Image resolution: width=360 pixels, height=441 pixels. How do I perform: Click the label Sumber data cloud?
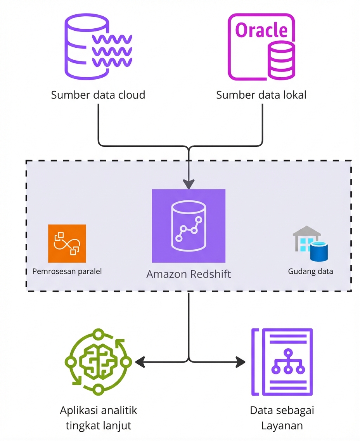[x=98, y=95]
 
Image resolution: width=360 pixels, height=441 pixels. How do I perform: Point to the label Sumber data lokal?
[x=261, y=95]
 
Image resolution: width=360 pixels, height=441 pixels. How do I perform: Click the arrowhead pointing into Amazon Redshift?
[x=189, y=184]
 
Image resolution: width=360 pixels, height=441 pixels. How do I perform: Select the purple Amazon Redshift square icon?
[x=189, y=226]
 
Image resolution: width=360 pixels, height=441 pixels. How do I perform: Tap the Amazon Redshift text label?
[x=189, y=274]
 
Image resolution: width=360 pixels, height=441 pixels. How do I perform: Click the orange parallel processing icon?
[x=67, y=243]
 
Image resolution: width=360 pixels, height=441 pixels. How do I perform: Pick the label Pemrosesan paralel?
[x=67, y=271]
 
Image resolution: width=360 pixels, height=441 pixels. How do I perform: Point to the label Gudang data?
[x=310, y=271]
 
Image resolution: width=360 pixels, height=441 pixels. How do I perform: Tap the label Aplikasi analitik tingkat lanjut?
[x=99, y=418]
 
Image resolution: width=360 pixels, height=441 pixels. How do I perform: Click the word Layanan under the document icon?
[x=282, y=425]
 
